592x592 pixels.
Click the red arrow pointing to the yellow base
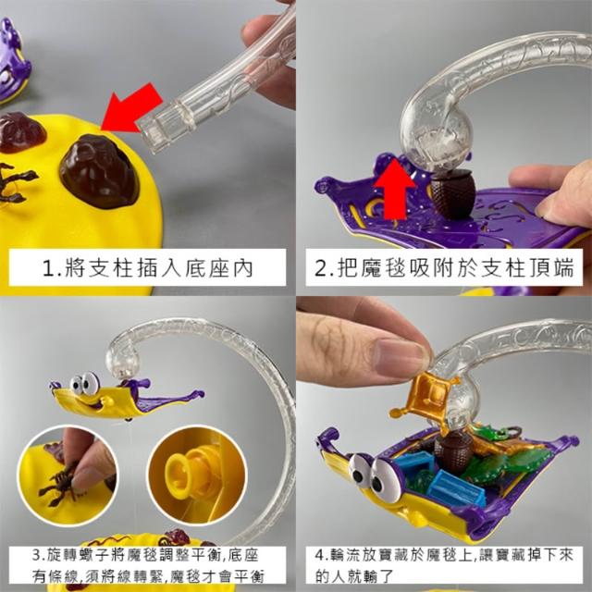pyautogui.click(x=131, y=109)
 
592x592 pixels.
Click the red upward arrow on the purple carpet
pyautogui.click(x=395, y=189)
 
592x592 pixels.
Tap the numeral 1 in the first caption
pyautogui.click(x=49, y=269)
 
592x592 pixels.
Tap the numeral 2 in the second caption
pyautogui.click(x=322, y=269)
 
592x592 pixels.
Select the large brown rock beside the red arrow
pyautogui.click(x=99, y=170)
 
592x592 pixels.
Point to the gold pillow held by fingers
pyautogui.click(x=425, y=396)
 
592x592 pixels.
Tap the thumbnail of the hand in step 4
pyautogui.click(x=401, y=358)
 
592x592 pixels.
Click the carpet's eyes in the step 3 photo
pyautogui.click(x=85, y=385)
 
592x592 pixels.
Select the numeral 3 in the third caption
pyautogui.click(x=37, y=555)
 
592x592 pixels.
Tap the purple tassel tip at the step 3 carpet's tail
pyautogui.click(x=199, y=394)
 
